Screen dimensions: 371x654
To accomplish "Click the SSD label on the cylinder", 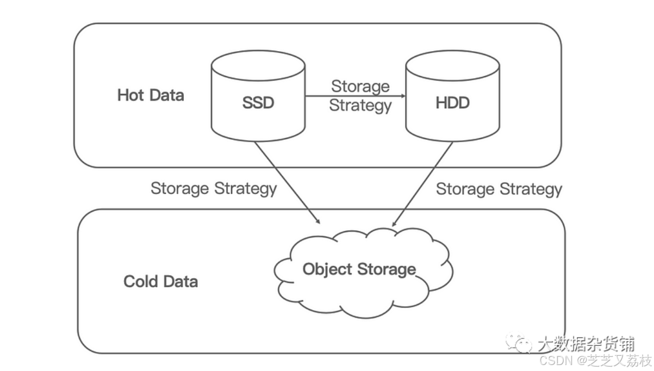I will pyautogui.click(x=258, y=103).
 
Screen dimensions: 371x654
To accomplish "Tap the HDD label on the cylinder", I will pyautogui.click(x=452, y=103).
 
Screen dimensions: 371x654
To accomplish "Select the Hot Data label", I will pyautogui.click(x=151, y=95).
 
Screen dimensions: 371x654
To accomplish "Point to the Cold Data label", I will pyautogui.click(x=160, y=281).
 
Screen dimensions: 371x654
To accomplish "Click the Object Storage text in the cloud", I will pyautogui.click(x=359, y=269).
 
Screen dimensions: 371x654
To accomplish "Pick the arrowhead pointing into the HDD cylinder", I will pyautogui.click(x=403, y=97).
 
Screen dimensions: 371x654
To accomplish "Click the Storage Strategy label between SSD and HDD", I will pyautogui.click(x=360, y=96).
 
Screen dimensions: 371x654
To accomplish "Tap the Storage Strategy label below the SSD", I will pyautogui.click(x=214, y=189).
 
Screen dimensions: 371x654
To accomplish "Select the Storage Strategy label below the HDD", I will pyautogui.click(x=499, y=189).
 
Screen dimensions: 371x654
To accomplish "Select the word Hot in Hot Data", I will pyautogui.click(x=130, y=95).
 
